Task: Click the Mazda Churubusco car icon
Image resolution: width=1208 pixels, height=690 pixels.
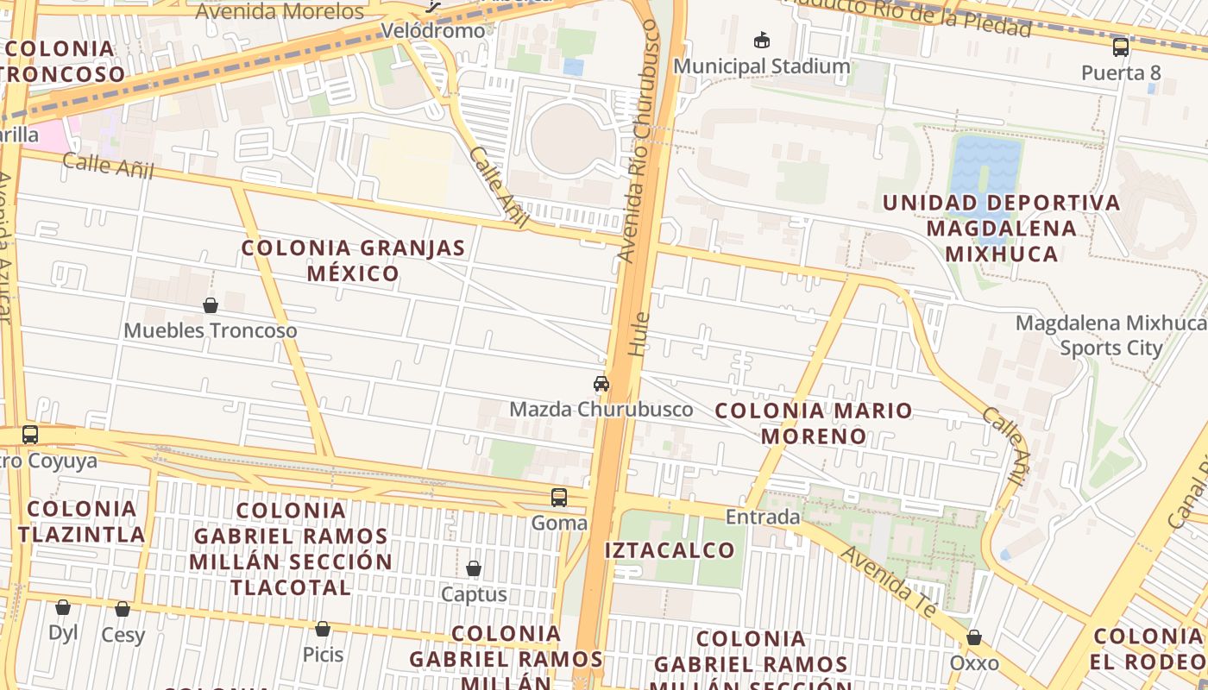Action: tap(601, 384)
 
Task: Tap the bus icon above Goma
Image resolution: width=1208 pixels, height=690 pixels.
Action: tap(559, 498)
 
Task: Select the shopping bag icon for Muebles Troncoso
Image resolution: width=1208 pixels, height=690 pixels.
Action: tap(211, 305)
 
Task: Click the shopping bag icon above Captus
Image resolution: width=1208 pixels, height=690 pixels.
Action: tap(474, 568)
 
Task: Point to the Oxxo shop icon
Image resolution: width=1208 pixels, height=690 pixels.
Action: tap(974, 638)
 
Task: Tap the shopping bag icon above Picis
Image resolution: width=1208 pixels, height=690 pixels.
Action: tap(323, 629)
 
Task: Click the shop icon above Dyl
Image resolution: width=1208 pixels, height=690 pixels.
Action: tap(63, 607)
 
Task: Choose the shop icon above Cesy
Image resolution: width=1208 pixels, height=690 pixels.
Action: tap(123, 609)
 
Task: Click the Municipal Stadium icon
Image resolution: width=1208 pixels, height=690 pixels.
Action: tap(762, 40)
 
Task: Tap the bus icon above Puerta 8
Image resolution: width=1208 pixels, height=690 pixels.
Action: tap(1121, 47)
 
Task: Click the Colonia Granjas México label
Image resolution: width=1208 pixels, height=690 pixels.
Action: tap(354, 260)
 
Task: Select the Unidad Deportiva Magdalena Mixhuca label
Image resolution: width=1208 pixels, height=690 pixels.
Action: tap(1002, 228)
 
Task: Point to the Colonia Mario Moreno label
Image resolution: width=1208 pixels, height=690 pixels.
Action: tap(814, 423)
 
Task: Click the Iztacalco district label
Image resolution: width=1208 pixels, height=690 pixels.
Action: tap(670, 550)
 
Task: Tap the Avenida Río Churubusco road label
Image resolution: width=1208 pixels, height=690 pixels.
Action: tap(639, 147)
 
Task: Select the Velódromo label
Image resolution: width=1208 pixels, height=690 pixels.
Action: tap(445, 31)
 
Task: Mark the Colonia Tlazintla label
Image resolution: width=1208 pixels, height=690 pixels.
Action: tap(82, 521)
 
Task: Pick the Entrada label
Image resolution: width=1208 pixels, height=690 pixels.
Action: tap(763, 517)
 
